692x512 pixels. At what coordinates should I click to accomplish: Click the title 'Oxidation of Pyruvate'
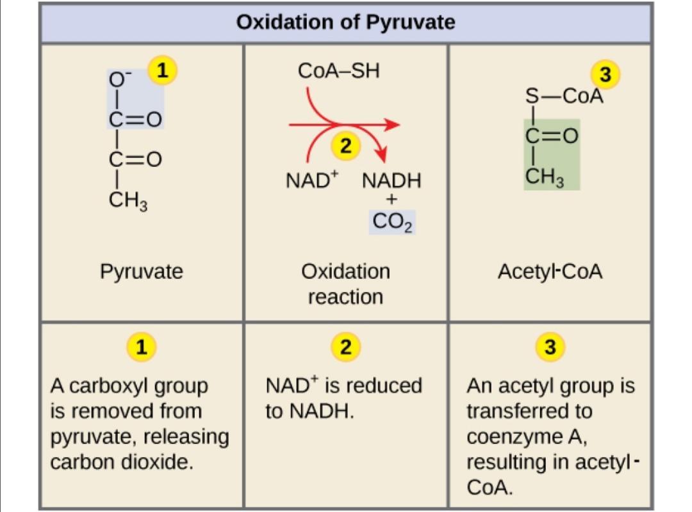[x=346, y=22]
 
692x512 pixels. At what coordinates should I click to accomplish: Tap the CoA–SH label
[x=338, y=70]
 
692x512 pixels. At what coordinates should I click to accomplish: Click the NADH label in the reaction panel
[x=391, y=181]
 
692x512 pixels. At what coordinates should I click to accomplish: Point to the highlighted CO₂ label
[x=392, y=222]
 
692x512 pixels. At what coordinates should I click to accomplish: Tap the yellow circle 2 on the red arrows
[x=345, y=146]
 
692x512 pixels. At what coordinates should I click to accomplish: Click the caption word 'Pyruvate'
[x=141, y=271]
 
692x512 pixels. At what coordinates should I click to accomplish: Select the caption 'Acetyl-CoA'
[x=550, y=271]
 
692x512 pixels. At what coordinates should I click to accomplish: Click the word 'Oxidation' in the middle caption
[x=345, y=271]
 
